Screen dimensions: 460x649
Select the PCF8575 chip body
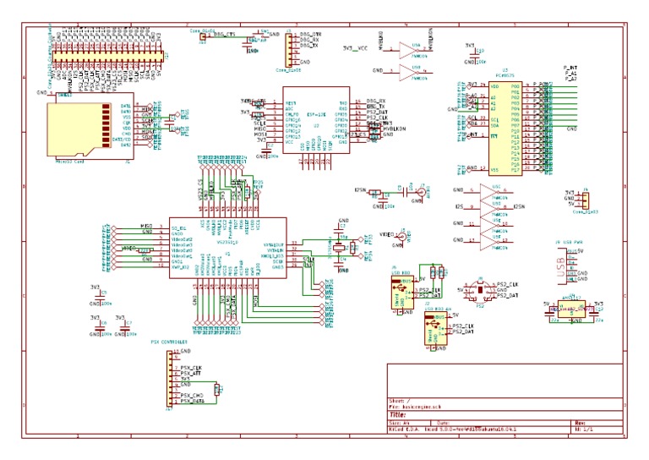tap(505, 127)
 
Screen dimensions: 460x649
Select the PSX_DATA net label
tap(193, 400)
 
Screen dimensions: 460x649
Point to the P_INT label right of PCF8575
tap(570, 65)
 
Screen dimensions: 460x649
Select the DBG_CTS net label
tap(226, 34)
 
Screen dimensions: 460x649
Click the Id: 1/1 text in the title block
tap(583, 430)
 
